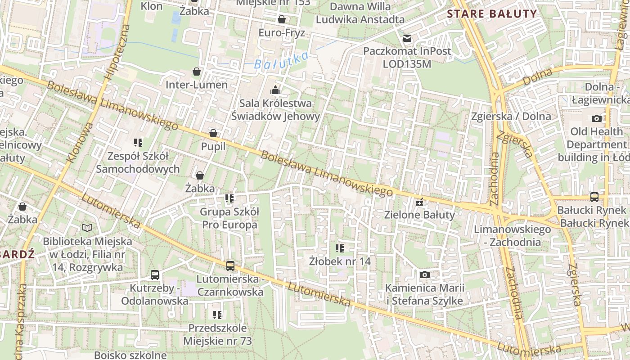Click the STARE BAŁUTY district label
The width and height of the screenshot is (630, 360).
[x=492, y=13]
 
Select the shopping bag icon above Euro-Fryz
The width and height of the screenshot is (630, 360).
[x=282, y=19]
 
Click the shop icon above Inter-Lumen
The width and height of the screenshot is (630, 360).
[x=197, y=72]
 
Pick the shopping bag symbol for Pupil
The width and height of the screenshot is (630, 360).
[x=213, y=134]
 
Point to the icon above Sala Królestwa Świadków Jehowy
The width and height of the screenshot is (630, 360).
[x=275, y=90]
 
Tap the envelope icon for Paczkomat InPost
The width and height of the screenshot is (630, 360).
[x=407, y=38]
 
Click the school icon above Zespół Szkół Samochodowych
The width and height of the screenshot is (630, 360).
[x=138, y=143]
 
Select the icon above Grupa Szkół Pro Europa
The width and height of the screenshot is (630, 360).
[x=229, y=198]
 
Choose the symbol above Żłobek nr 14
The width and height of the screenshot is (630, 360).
[x=340, y=248]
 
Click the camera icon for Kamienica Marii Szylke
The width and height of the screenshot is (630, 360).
[x=424, y=274]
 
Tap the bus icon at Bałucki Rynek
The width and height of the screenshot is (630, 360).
[x=594, y=197]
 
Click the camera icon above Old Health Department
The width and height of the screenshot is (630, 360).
[x=596, y=118]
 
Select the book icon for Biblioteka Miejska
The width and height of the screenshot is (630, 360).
[x=87, y=228]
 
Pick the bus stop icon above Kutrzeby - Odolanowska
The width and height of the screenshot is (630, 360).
[x=155, y=274]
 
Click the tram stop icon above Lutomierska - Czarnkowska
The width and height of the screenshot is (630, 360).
[x=230, y=265]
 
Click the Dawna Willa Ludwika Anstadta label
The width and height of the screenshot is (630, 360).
[x=360, y=13]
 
